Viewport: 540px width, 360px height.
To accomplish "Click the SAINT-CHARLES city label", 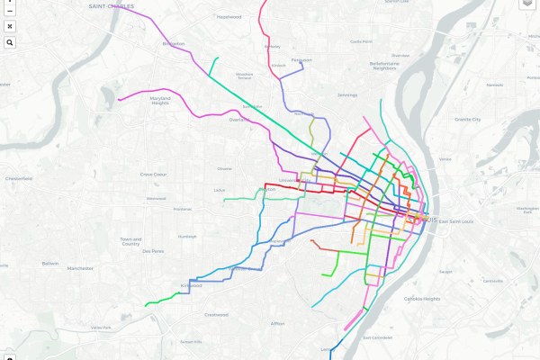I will [112, 6].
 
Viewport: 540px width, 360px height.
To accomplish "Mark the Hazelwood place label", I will [229, 16].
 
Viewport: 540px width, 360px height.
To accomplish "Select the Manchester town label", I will [81, 267].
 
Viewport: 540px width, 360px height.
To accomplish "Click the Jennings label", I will [347, 94].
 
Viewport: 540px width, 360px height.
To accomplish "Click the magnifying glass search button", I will [9, 42].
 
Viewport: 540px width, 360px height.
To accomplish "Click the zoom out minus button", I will [9, 12].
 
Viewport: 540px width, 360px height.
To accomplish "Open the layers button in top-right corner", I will [526, 4].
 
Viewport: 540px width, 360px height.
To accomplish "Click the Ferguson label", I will [301, 60].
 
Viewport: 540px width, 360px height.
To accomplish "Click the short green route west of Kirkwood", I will [162, 297].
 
